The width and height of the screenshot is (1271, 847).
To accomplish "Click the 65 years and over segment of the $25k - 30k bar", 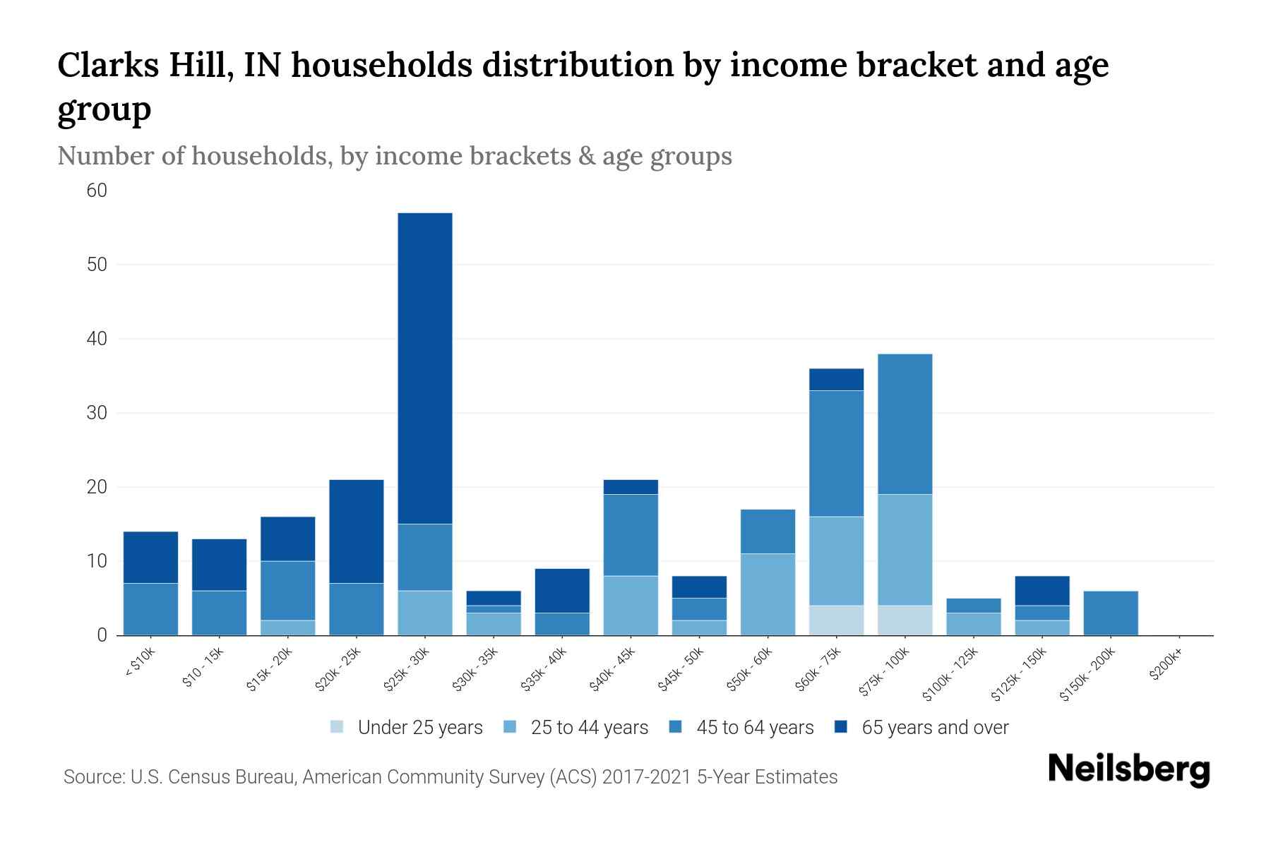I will [x=424, y=368].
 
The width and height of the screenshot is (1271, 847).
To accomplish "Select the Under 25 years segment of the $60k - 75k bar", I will [x=836, y=620].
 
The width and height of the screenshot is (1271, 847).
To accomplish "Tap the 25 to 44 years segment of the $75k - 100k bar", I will [x=905, y=549].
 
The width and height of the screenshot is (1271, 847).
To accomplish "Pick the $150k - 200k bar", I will [x=1110, y=613].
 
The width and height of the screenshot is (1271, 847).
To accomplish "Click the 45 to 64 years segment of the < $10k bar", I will [x=150, y=608].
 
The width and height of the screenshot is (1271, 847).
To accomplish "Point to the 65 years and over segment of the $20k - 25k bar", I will [x=356, y=531].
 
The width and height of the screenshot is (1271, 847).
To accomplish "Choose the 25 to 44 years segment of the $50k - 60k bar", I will [x=768, y=594].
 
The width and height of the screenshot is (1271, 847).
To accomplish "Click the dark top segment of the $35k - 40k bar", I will [x=561, y=590].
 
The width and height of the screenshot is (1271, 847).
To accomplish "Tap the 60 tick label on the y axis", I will [x=97, y=191].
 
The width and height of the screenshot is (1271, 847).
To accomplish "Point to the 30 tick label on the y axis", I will [x=97, y=413].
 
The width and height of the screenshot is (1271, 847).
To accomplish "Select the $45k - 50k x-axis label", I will [x=681, y=671].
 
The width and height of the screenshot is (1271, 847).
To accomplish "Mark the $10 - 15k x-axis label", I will [x=202, y=668].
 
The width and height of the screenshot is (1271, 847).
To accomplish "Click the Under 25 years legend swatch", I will [x=337, y=727].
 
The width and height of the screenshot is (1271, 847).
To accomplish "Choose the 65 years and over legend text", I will [x=935, y=728].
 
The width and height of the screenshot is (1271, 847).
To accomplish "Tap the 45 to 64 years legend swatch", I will [x=676, y=727].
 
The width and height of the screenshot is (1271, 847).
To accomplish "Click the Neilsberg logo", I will [x=1128, y=769].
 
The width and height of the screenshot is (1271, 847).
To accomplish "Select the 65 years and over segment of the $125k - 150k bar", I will [x=1042, y=590].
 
